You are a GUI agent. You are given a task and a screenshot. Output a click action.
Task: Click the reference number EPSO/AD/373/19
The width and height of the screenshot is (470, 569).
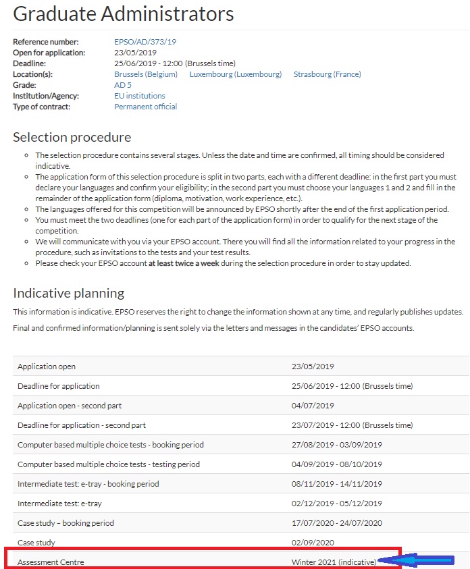tap(145, 42)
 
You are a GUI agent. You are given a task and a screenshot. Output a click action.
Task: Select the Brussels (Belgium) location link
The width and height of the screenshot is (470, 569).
tap(146, 74)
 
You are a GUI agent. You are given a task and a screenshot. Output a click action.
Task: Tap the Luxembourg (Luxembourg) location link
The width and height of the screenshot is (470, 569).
tap(236, 74)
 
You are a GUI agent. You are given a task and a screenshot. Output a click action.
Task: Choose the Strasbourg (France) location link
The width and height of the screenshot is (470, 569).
tap(328, 74)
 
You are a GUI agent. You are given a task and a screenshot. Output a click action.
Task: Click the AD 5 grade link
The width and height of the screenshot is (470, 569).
tap(123, 85)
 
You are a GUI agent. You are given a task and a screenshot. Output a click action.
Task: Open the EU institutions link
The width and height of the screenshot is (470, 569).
tap(140, 96)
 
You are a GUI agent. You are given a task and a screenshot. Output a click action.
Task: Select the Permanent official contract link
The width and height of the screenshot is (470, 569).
tap(146, 107)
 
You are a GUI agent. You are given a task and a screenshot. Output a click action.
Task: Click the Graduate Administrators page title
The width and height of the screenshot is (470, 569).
tap(124, 13)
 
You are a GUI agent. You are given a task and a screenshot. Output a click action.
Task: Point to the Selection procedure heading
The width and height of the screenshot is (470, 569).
tap(72, 138)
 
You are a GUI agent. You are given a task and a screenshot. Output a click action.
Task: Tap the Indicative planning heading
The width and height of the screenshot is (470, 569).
tap(69, 293)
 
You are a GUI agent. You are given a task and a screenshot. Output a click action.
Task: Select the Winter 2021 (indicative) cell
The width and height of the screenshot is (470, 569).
tap(334, 562)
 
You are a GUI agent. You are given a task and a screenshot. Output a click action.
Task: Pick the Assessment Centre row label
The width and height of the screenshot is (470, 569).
tap(51, 562)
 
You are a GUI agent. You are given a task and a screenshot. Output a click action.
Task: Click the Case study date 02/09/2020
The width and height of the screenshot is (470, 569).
tap(313, 542)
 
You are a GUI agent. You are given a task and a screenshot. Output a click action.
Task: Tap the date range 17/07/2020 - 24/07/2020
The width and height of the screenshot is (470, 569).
tap(336, 523)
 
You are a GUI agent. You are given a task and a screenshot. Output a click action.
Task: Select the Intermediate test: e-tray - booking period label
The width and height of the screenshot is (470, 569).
tap(88, 484)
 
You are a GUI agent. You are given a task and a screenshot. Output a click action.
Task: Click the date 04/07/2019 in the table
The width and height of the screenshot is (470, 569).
tap(313, 406)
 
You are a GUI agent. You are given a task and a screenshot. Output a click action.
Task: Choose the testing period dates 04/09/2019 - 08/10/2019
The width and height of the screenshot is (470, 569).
tap(336, 464)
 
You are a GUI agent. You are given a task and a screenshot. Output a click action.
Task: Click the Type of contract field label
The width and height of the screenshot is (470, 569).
tap(41, 107)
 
